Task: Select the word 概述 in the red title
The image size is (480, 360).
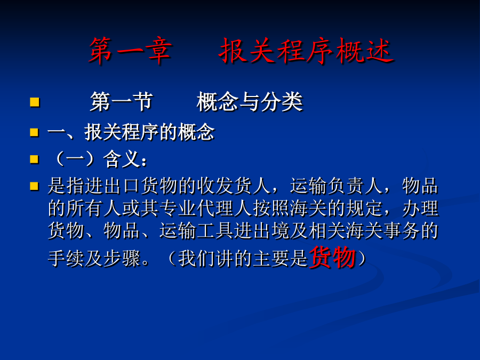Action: point(364,51)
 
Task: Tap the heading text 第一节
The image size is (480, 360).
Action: point(122,102)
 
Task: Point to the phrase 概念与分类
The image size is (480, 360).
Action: point(250,102)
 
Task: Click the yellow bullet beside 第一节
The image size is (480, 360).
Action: point(35,102)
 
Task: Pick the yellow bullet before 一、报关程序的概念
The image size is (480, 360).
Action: point(35,133)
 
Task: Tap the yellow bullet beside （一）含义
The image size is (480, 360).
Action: point(35,159)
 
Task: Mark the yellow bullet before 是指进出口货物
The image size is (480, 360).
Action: point(35,186)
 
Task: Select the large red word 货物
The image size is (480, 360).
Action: point(333,258)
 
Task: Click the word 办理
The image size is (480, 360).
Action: point(420,209)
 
